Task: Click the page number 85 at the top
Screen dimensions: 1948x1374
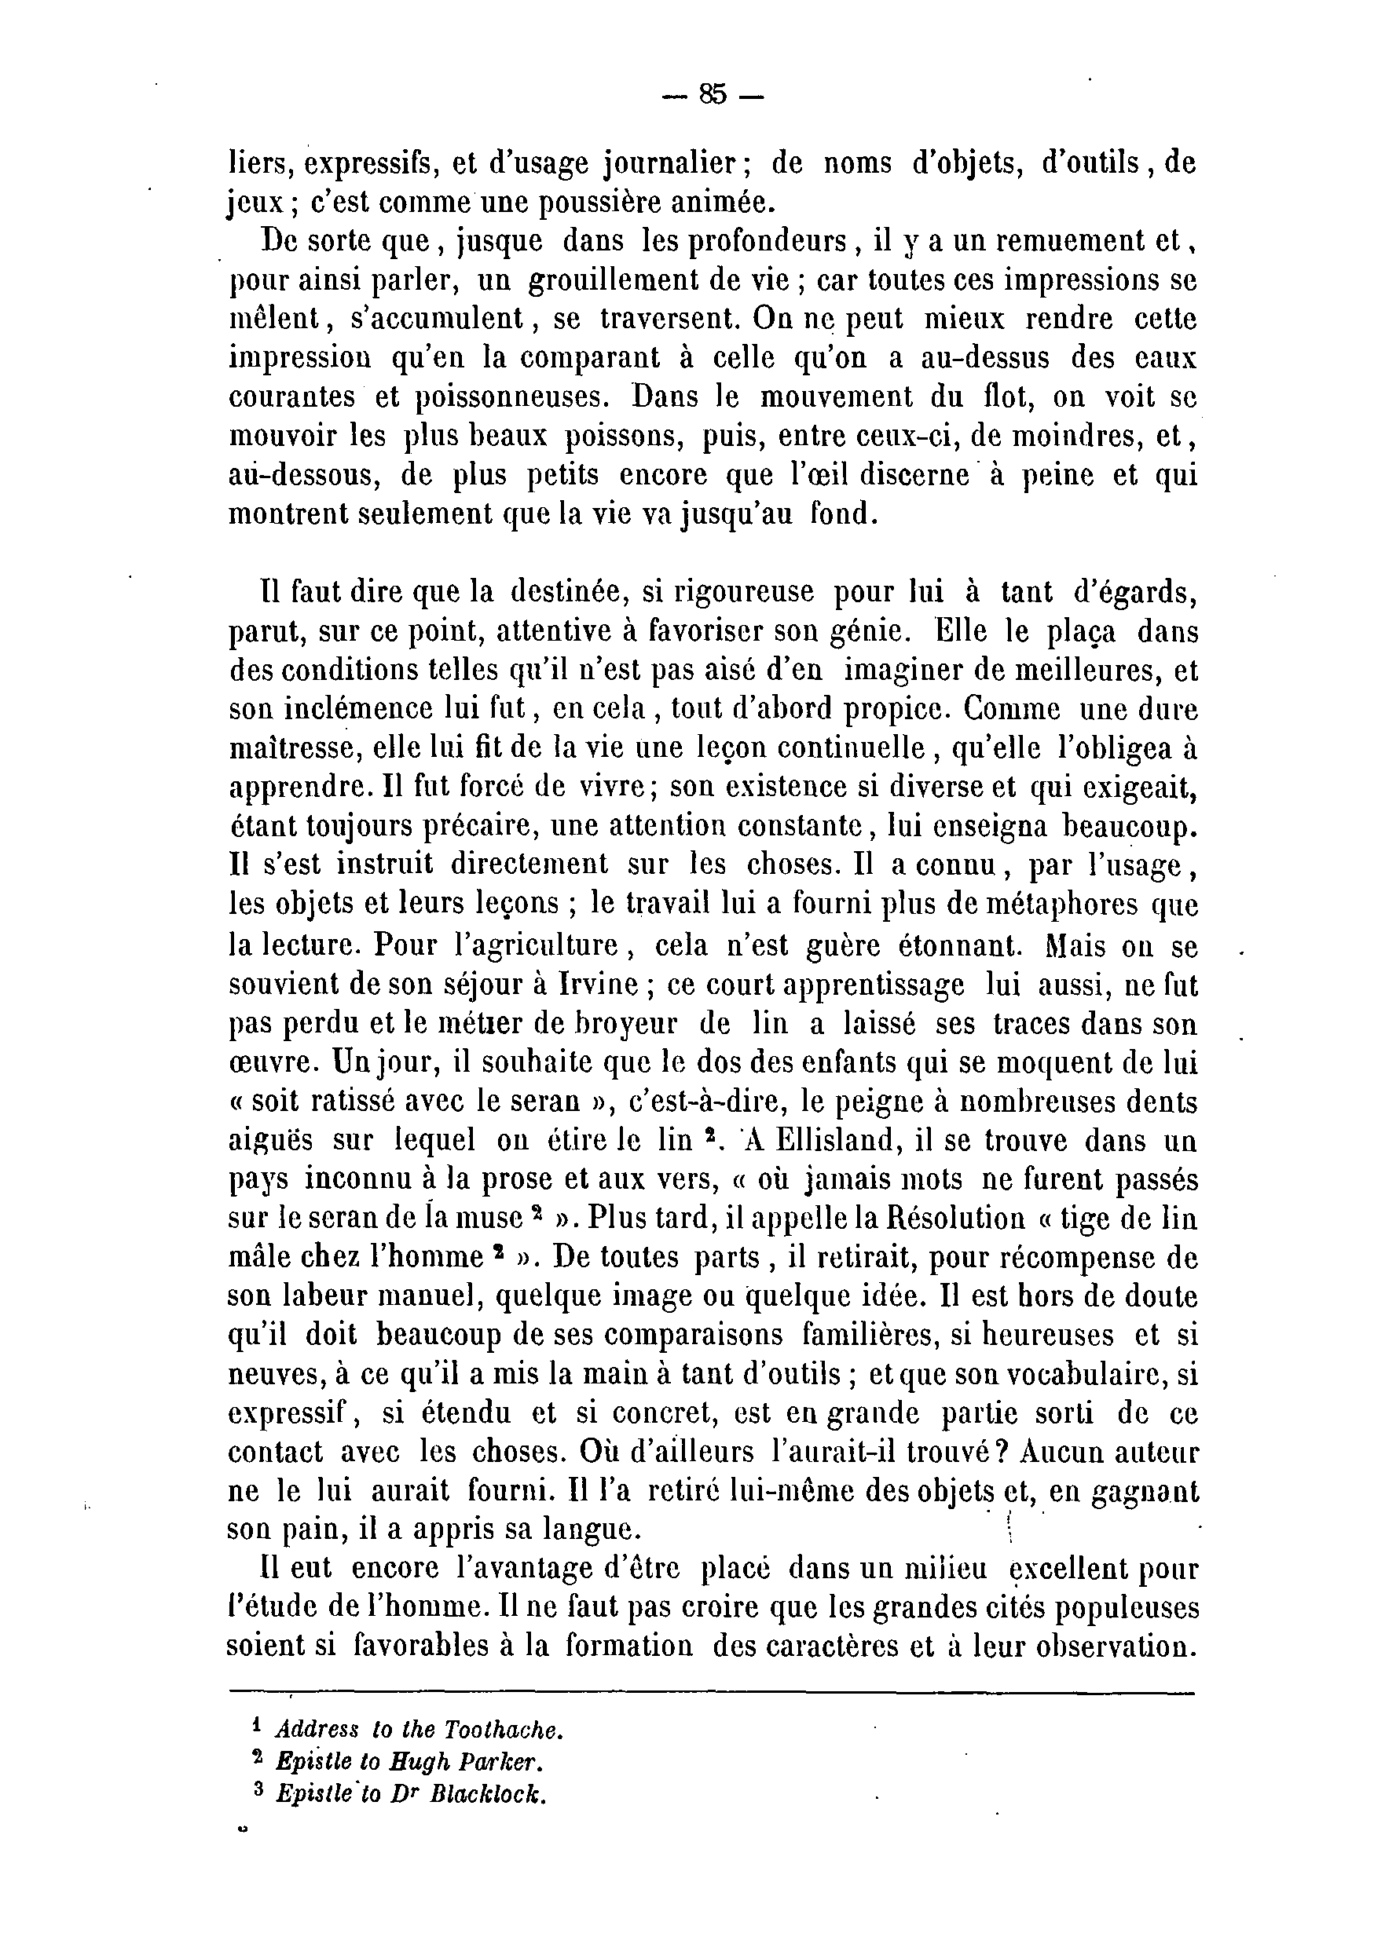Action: coord(713,95)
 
